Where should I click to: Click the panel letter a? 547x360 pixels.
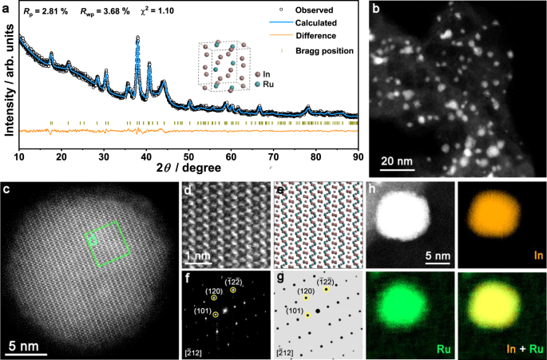pos(7,6)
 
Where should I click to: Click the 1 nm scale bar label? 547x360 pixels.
pos(197,257)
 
